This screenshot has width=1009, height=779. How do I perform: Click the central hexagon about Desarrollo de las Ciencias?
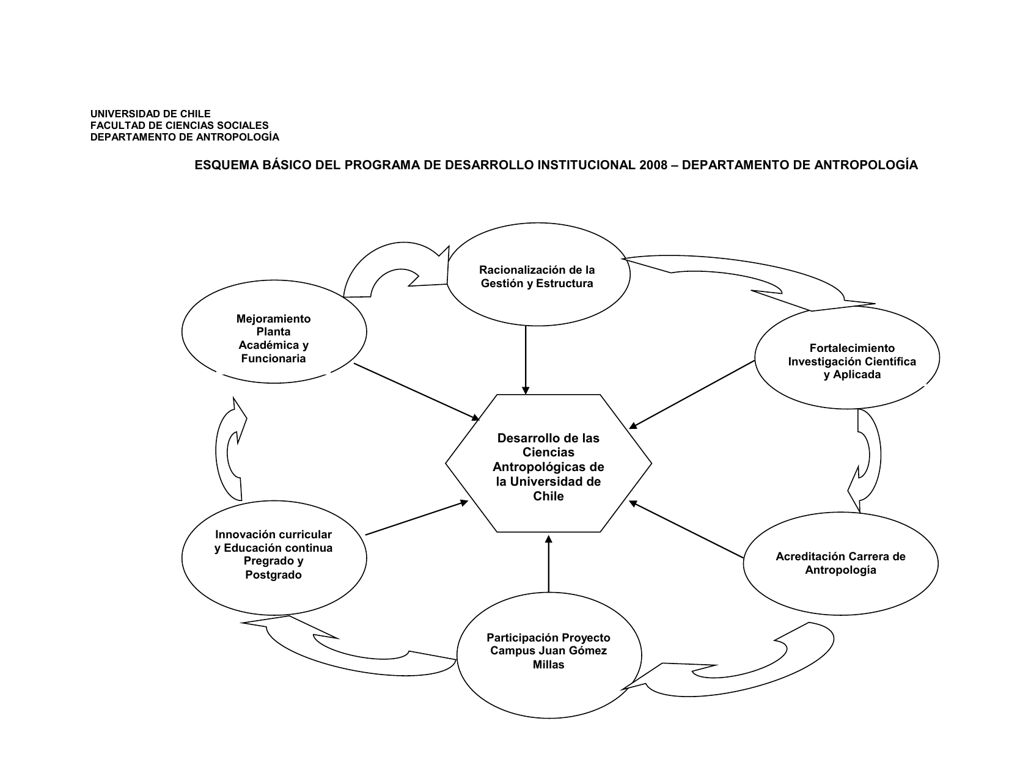coord(548,463)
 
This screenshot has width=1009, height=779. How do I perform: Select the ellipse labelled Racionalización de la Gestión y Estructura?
coord(538,274)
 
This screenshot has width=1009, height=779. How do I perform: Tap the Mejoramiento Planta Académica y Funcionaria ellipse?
coord(274,332)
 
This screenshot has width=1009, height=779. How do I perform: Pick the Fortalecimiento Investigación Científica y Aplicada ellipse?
coord(847,357)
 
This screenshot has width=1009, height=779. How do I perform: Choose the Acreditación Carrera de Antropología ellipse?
coord(840,563)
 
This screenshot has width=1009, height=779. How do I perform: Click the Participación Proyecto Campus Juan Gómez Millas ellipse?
coord(549,655)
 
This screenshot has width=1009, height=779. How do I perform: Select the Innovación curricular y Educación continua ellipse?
coord(274,558)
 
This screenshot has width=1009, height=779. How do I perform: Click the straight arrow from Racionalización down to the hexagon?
coord(526,360)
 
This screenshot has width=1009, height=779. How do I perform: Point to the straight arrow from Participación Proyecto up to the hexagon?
coord(548,563)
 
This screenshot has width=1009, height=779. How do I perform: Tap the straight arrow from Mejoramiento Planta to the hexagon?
coord(417,392)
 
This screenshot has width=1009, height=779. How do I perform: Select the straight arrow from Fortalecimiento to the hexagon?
coord(692,394)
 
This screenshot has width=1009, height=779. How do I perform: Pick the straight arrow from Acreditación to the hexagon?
coord(686,529)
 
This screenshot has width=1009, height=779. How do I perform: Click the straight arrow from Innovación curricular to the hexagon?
coord(417,518)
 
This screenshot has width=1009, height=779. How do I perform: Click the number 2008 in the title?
coord(653,165)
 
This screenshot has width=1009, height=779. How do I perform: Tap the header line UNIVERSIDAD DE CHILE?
coord(150,114)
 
